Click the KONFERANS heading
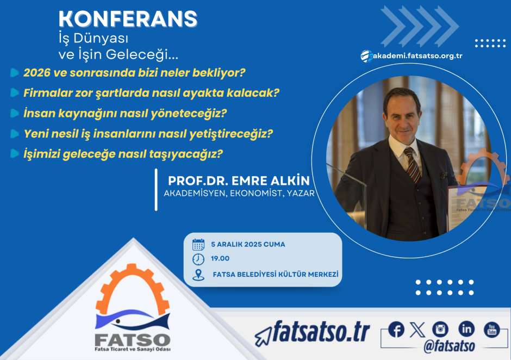coord(128,18)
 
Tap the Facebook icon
coord(396,330)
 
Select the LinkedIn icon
coord(466,329)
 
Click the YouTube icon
coord(492,330)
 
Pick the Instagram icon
coord(440,330)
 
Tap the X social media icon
coord(417,330)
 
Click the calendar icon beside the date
coord(198,244)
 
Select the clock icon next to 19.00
coord(198,259)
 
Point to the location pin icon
coord(198,275)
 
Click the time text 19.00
coord(220,259)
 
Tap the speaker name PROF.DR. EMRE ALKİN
coord(239,181)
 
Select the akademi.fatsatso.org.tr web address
coord(417,56)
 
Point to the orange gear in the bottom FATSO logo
coord(133,287)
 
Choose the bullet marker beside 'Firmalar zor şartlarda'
coord(14,93)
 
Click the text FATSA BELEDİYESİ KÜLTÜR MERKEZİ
coord(276,275)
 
